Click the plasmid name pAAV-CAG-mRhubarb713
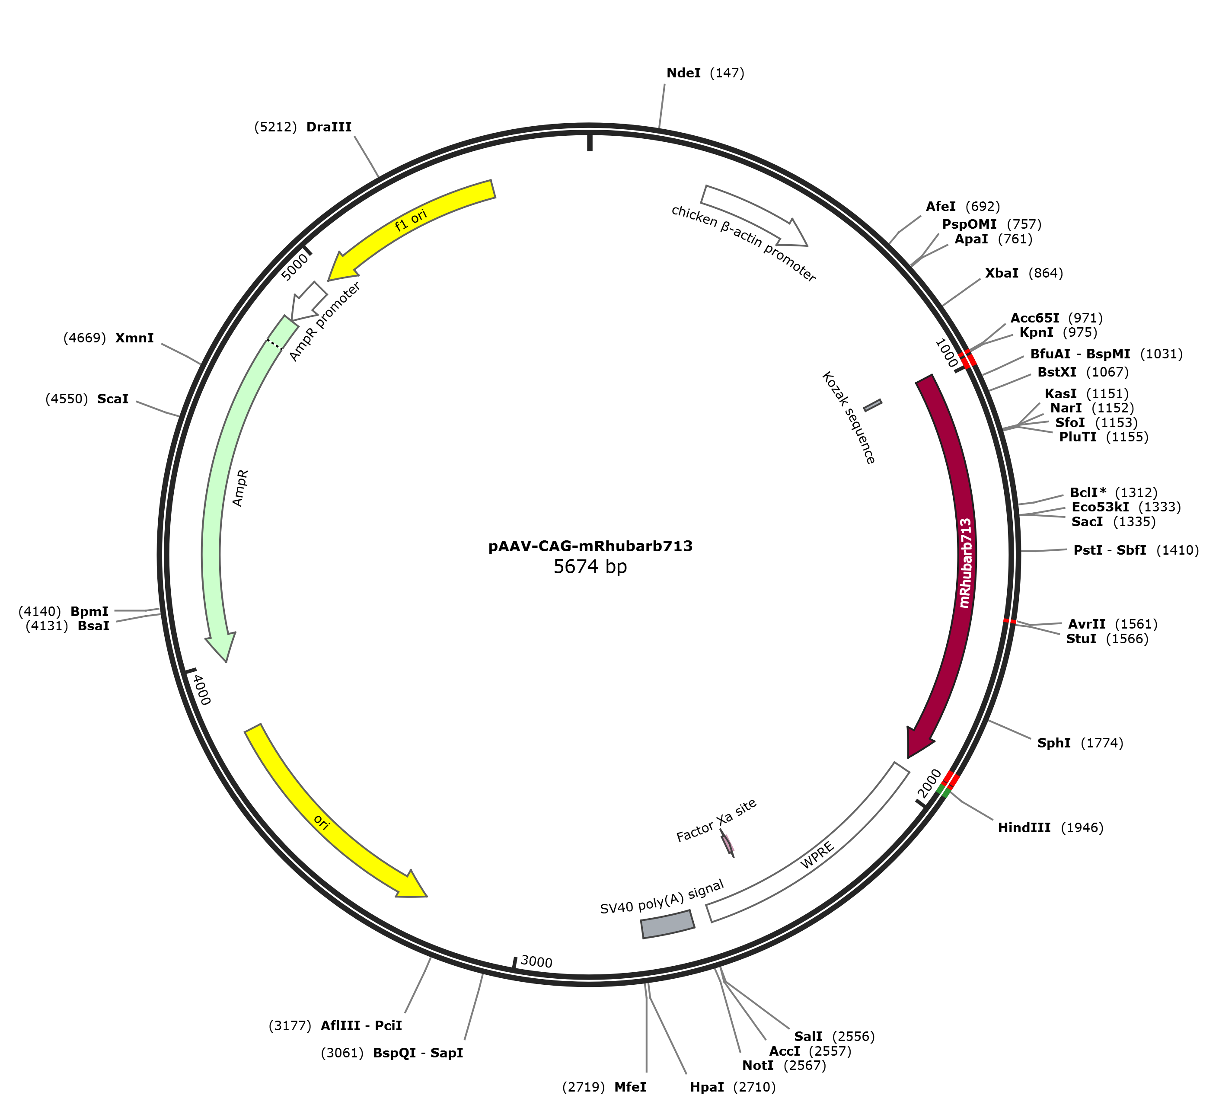(x=590, y=546)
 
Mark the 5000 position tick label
(x=295, y=266)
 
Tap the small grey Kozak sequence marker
(x=872, y=405)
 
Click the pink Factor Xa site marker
(x=728, y=843)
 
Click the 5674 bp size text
(x=590, y=567)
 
